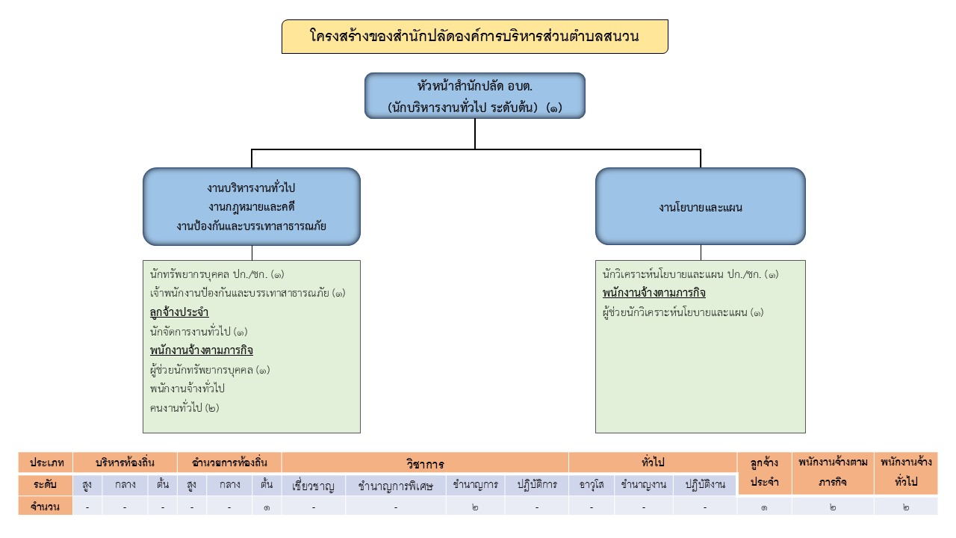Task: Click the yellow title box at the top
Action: pos(474,37)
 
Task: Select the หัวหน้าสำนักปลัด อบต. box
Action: pos(474,96)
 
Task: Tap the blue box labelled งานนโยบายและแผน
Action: pos(700,207)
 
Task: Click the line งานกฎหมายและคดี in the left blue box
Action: pos(251,207)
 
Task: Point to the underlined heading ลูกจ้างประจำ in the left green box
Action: pos(179,312)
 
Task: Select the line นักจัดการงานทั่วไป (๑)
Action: pos(199,331)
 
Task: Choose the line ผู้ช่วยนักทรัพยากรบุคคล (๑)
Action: pos(210,370)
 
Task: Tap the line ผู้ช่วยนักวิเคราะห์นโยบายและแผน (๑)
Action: pos(683,312)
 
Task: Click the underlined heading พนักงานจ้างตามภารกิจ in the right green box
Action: pos(654,293)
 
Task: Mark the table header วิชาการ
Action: pos(425,463)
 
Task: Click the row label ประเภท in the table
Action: pos(46,463)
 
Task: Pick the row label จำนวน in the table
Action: pos(46,507)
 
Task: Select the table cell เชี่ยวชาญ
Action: pos(314,485)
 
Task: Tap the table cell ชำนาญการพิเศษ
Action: pos(396,485)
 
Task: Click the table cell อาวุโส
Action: pos(592,484)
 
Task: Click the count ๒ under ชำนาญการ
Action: pos(475,507)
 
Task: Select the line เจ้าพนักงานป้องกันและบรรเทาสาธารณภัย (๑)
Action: pos(247,293)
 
